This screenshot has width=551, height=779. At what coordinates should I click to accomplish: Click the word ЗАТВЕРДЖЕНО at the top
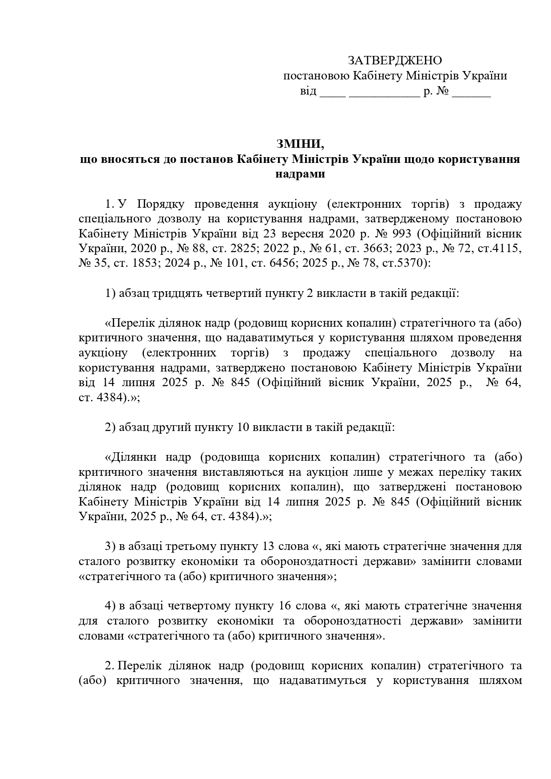click(394, 60)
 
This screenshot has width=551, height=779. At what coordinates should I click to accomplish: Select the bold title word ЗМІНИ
click(300, 144)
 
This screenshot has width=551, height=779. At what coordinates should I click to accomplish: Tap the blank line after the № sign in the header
click(472, 92)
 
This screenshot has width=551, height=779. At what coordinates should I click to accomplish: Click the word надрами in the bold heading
click(300, 174)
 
